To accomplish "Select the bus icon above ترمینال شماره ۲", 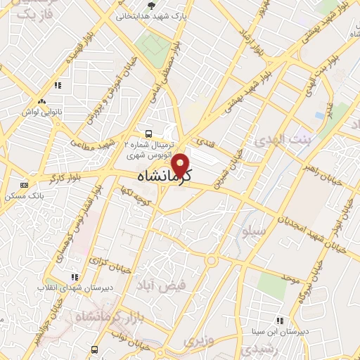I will [148, 133].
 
